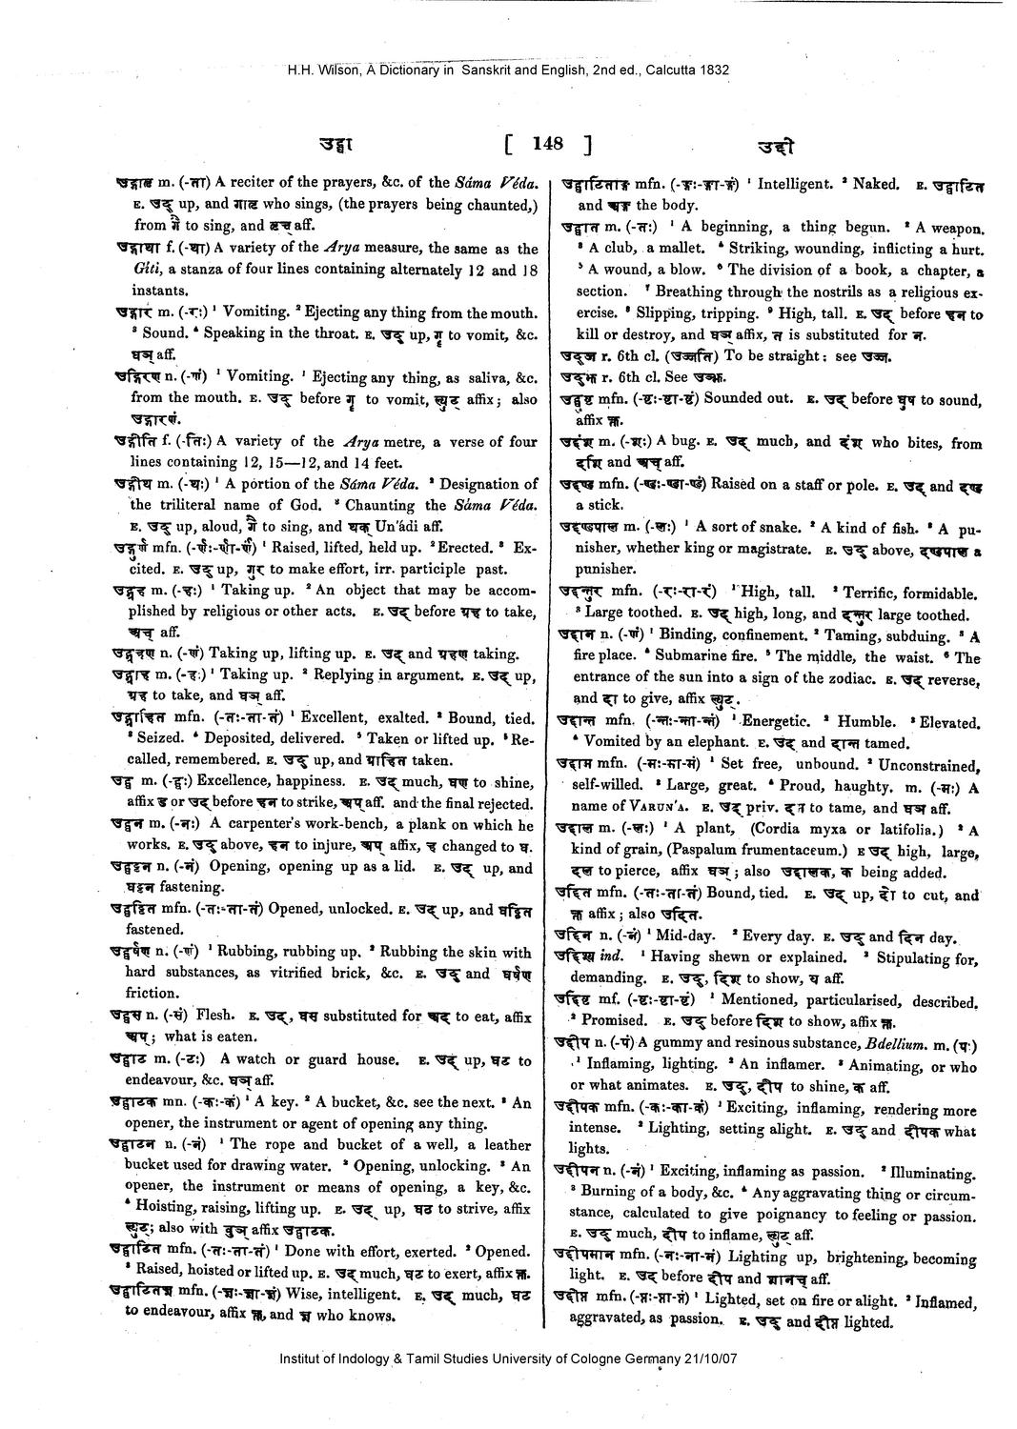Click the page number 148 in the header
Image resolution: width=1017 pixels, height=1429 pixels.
coord(548,144)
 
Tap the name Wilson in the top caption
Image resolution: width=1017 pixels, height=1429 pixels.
coord(336,70)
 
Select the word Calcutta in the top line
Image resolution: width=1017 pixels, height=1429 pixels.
coord(672,70)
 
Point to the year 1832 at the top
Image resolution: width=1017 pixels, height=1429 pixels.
coord(715,70)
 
